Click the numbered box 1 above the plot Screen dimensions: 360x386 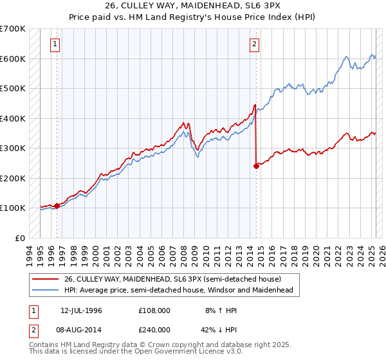tap(56, 44)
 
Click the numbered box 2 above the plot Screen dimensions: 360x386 tap(255, 44)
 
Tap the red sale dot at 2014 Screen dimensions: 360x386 tap(256, 166)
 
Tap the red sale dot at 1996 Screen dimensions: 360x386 tap(57, 206)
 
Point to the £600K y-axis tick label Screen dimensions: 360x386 tap(13, 59)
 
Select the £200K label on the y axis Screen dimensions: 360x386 tap(13, 178)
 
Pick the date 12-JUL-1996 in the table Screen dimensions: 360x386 tap(81, 310)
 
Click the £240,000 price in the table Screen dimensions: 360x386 tap(154, 328)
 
